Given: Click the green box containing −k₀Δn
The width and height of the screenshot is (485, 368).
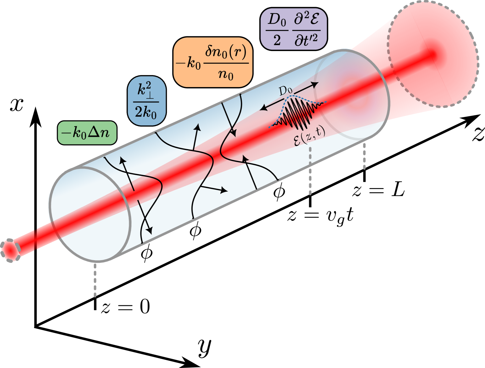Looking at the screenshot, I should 87,133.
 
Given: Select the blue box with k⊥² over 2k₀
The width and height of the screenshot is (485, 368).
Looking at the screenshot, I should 147,101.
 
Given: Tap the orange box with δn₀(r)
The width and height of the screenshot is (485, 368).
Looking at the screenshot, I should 213,62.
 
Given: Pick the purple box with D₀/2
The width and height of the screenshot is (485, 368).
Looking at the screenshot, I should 293,29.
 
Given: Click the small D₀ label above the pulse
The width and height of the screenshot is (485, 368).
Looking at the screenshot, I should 285,91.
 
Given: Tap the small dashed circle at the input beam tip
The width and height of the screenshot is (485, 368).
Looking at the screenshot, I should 10,250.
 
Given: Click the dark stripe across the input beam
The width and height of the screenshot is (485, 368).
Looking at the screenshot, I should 36,240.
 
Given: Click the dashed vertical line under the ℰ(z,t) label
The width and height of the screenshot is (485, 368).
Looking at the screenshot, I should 310,171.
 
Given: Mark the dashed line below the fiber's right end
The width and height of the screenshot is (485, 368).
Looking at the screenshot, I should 364,156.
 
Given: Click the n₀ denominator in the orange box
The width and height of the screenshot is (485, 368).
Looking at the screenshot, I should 226,75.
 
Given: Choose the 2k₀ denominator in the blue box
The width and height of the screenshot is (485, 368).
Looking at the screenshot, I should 146,112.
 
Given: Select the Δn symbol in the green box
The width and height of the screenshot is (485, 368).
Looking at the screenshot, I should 99,133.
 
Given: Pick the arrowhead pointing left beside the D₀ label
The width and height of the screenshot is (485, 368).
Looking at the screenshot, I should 263,108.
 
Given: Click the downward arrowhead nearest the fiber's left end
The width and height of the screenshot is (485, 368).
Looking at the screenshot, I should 150,231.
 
